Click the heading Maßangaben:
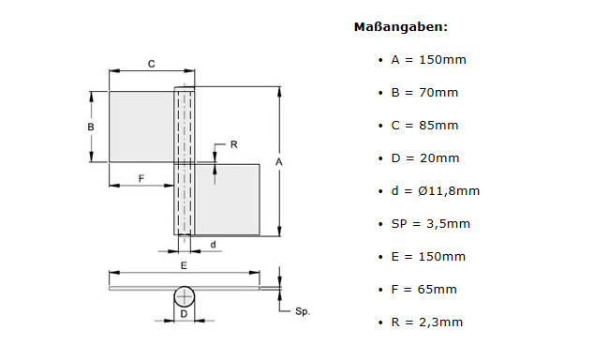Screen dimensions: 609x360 tap(400, 27)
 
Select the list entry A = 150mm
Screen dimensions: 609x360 tap(429, 60)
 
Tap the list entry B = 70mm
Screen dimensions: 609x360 tap(425, 93)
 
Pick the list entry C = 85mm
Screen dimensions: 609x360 tap(425, 126)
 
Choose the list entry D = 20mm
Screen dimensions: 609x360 tap(425, 158)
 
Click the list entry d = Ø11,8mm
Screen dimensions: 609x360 tap(436, 191)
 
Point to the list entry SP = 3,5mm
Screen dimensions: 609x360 tap(431, 223)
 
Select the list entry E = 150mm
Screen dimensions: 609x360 tap(428, 257)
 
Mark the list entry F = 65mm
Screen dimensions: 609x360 tap(424, 290)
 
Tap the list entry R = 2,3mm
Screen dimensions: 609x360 tap(427, 322)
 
